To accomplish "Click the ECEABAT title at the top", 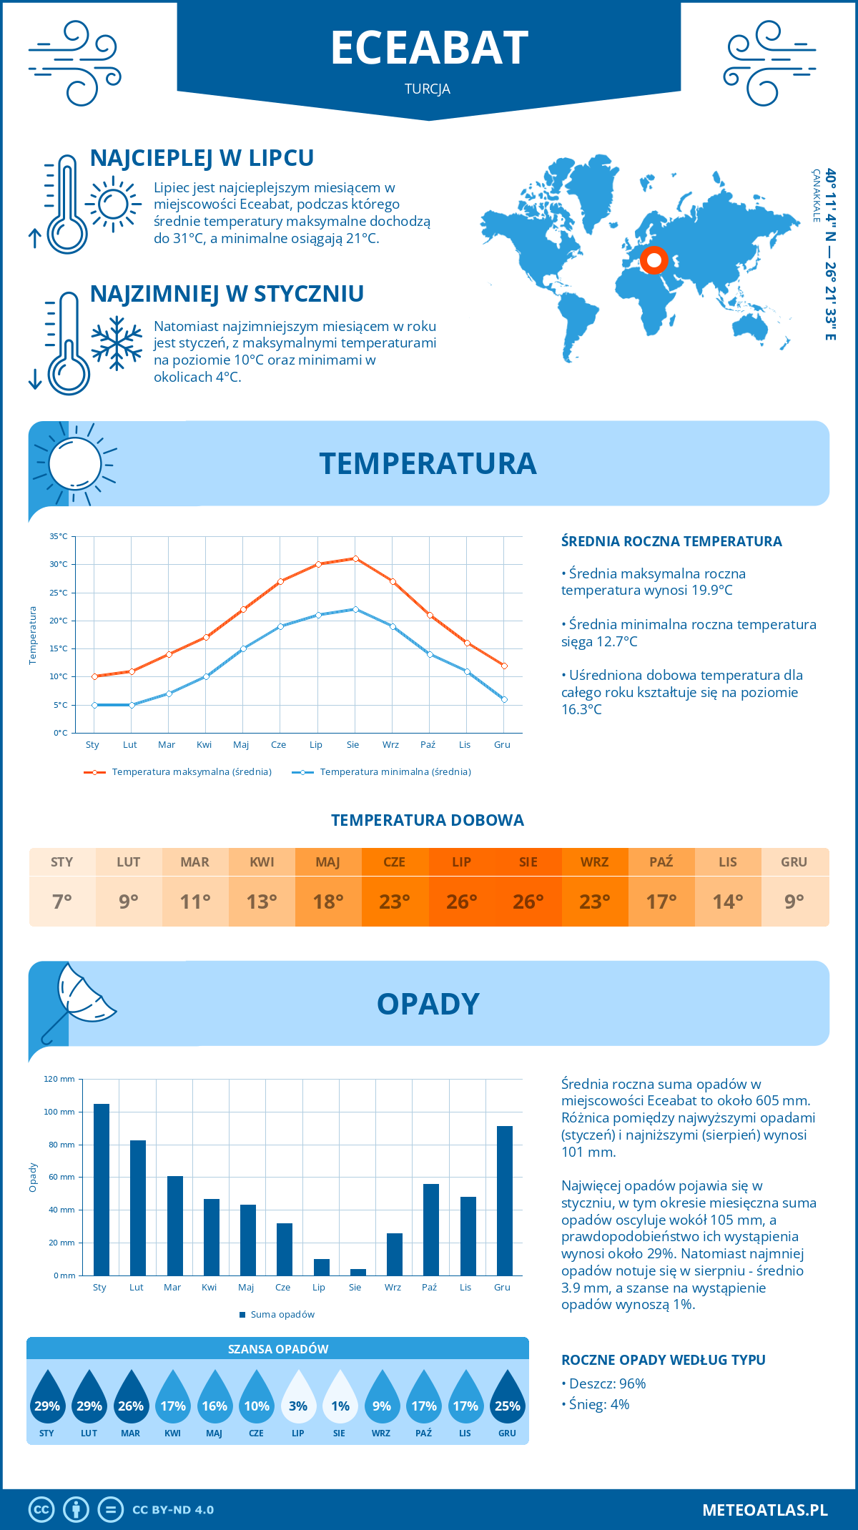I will click(429, 49).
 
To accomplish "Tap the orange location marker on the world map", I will click(654, 260).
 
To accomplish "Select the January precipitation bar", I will click(102, 1190).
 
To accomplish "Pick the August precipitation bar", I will click(357, 1272).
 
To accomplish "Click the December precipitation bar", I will click(505, 1200).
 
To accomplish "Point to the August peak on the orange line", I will click(355, 558).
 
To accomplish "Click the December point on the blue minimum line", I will click(504, 699).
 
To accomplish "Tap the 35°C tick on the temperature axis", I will click(59, 536).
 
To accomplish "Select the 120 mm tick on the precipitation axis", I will click(59, 1079).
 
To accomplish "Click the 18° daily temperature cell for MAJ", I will click(328, 902).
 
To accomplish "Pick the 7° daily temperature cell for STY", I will click(62, 902).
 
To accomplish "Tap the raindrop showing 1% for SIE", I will click(340, 1399).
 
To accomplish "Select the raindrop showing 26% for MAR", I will click(131, 1399).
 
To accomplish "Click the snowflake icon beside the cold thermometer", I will click(117, 343).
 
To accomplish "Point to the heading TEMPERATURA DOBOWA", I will click(428, 820).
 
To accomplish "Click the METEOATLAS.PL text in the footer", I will click(764, 1510).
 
